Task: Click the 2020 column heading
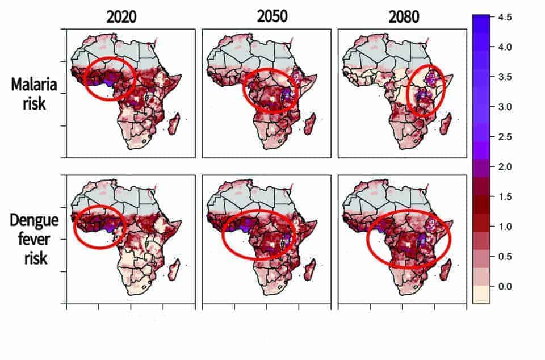click(x=121, y=16)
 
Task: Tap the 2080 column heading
click(x=404, y=16)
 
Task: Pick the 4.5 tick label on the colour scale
click(x=504, y=18)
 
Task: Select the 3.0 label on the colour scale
click(x=504, y=107)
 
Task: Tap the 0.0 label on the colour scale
click(x=504, y=286)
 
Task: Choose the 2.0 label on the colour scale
click(x=504, y=167)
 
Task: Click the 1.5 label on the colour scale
click(x=504, y=196)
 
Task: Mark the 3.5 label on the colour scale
click(x=504, y=77)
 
